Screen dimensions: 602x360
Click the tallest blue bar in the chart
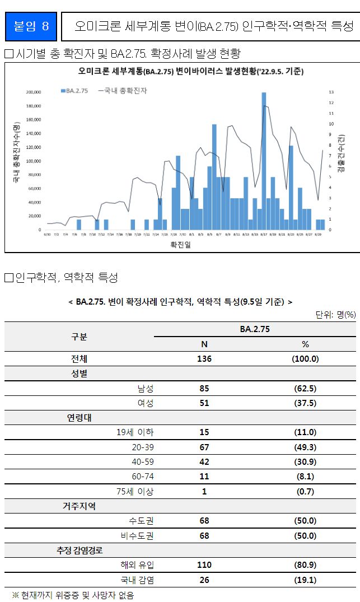[264, 162]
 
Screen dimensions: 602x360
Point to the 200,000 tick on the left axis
[34, 92]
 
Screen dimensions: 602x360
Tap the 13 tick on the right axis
[331, 92]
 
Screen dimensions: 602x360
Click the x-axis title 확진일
[180, 244]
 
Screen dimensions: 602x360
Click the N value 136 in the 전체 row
[204, 359]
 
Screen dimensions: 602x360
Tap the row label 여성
[145, 403]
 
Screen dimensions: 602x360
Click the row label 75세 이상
[137, 491]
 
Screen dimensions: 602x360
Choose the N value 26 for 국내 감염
[204, 580]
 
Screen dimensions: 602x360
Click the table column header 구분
[79, 337]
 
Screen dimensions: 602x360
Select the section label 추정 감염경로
[79, 550]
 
